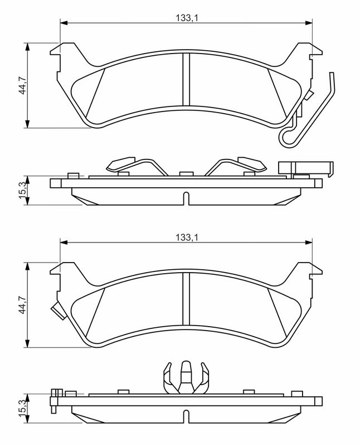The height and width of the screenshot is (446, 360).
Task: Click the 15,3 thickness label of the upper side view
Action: [22, 191]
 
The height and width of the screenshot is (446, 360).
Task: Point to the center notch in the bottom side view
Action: [186, 416]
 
